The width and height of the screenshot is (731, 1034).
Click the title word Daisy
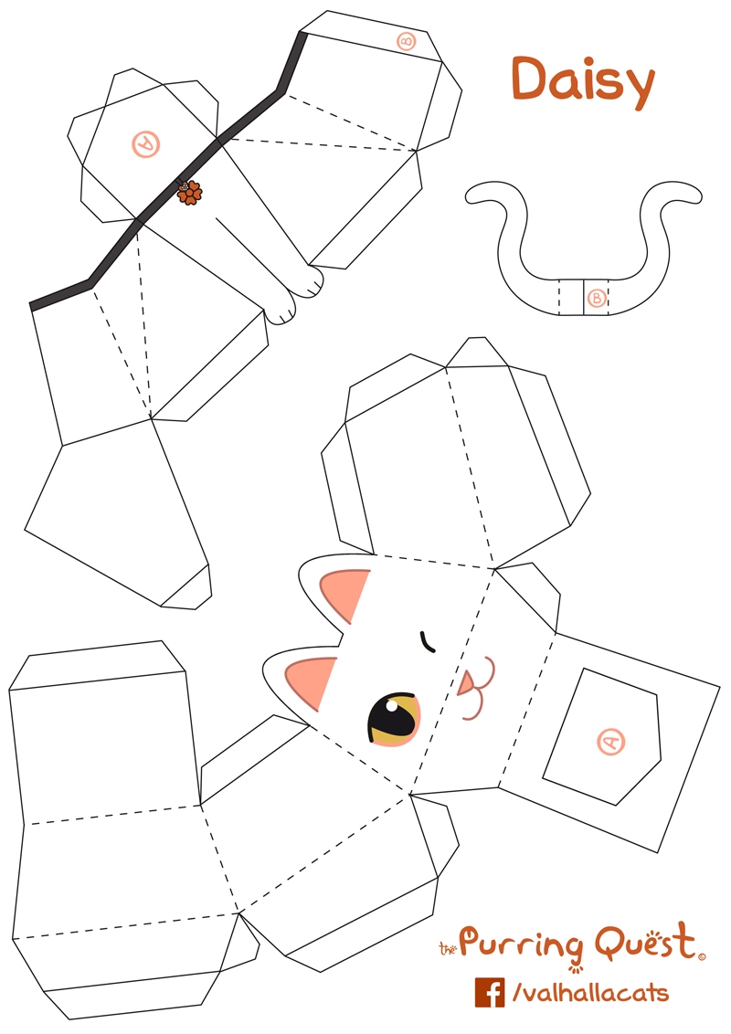pyautogui.click(x=582, y=79)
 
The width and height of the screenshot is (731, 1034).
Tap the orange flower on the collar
pyautogui.click(x=190, y=192)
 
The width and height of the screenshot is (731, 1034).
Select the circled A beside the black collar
pyautogui.click(x=144, y=143)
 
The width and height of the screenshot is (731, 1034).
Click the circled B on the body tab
pyautogui.click(x=407, y=41)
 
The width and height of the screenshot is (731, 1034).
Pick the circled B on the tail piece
pyautogui.click(x=597, y=298)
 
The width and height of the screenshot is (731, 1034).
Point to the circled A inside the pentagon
pyautogui.click(x=610, y=742)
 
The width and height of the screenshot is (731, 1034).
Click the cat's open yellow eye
pyautogui.click(x=394, y=720)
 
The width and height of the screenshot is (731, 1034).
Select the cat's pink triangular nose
pyautogui.click(x=467, y=683)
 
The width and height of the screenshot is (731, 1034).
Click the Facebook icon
pyautogui.click(x=490, y=992)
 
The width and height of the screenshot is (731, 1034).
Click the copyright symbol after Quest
pyautogui.click(x=702, y=957)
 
